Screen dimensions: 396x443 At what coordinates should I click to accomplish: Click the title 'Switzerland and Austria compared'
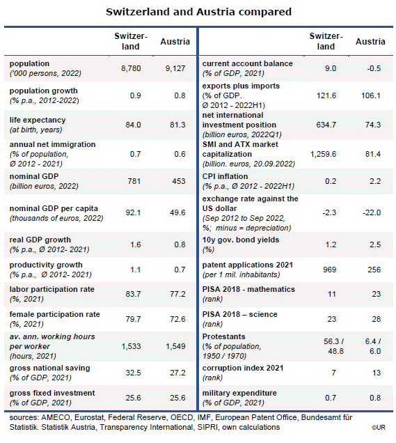pyautogui.click(x=198, y=12)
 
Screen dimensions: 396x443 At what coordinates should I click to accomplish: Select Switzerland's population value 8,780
pyautogui.click(x=131, y=68)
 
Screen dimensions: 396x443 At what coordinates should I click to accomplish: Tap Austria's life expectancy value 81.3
pyautogui.click(x=177, y=125)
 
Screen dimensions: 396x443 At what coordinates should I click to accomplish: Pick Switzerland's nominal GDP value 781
pyautogui.click(x=134, y=181)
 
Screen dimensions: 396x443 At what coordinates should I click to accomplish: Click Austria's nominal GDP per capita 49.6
pyautogui.click(x=177, y=212)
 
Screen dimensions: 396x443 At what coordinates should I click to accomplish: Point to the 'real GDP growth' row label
pyautogui.click(x=40, y=240)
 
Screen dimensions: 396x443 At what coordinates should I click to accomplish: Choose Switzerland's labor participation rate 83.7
pyautogui.click(x=133, y=294)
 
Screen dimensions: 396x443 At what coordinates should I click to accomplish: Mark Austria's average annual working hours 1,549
pyautogui.click(x=175, y=346)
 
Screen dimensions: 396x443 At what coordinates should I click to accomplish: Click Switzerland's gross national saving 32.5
pyautogui.click(x=133, y=373)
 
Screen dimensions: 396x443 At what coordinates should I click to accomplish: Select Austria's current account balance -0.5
pyautogui.click(x=374, y=68)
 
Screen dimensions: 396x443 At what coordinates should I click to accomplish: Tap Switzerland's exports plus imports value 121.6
pyautogui.click(x=326, y=95)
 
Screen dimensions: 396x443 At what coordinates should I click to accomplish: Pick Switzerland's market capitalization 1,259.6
pyautogui.click(x=324, y=154)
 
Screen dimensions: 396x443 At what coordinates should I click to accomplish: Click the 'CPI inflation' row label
pyautogui.click(x=225, y=176)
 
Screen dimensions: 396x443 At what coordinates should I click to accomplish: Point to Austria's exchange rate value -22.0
pyautogui.click(x=372, y=212)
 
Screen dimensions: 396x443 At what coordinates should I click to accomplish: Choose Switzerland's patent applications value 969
pyautogui.click(x=330, y=270)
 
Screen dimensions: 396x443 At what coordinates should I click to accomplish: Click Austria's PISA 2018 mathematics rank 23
pyautogui.click(x=377, y=294)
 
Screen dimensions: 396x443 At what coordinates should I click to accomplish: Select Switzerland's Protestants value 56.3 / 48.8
pyautogui.click(x=334, y=346)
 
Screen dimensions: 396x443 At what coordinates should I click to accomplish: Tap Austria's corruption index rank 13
pyautogui.click(x=377, y=373)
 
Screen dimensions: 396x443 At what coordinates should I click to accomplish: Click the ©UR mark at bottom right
pyautogui.click(x=379, y=428)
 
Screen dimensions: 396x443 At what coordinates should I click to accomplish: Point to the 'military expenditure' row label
pyautogui.click(x=239, y=393)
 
